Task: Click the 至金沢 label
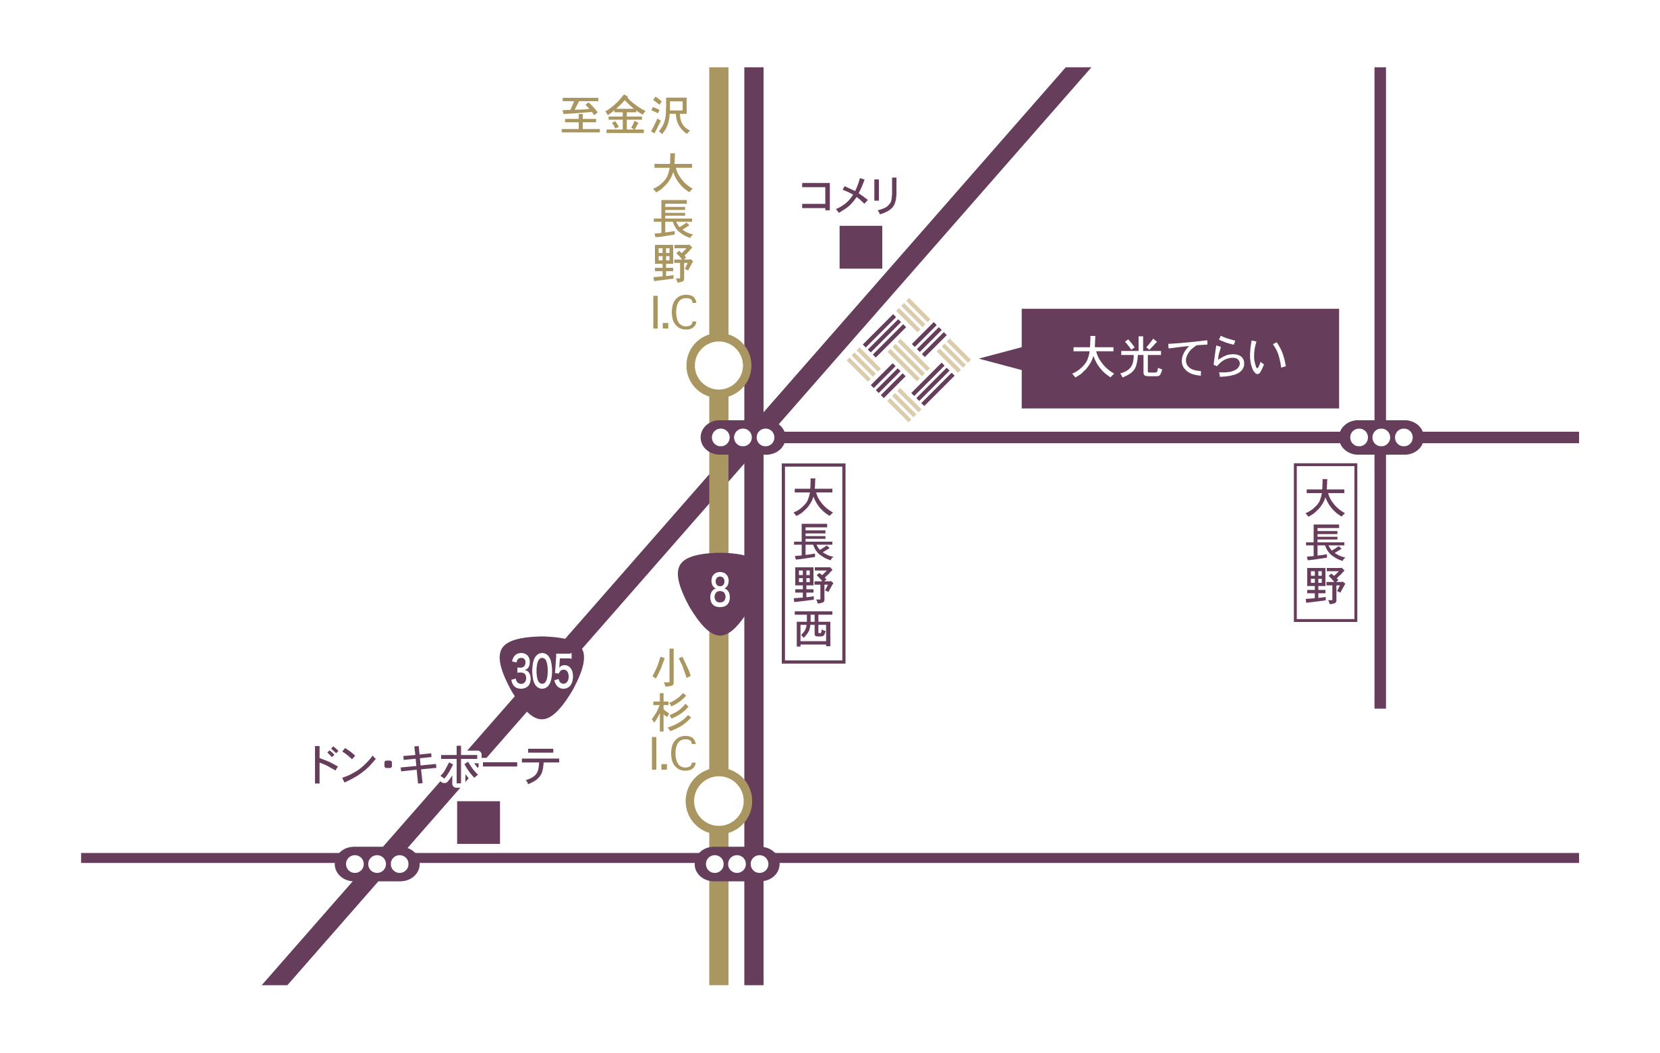click(x=625, y=115)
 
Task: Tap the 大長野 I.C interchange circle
click(x=718, y=366)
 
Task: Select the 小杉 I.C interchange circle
click(x=718, y=801)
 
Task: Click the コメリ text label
click(x=849, y=195)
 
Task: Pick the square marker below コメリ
click(x=860, y=247)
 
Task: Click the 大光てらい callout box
click(x=1180, y=359)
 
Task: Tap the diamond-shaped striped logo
click(x=909, y=360)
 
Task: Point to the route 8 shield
click(x=719, y=591)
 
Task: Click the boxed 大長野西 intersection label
click(x=813, y=563)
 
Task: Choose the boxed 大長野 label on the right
click(x=1325, y=543)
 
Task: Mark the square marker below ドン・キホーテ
click(x=478, y=822)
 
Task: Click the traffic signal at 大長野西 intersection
click(x=743, y=437)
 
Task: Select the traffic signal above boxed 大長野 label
click(x=1381, y=437)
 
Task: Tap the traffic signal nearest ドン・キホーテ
click(x=377, y=863)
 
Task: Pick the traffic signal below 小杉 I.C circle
click(x=737, y=863)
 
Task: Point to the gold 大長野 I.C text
click(x=674, y=241)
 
